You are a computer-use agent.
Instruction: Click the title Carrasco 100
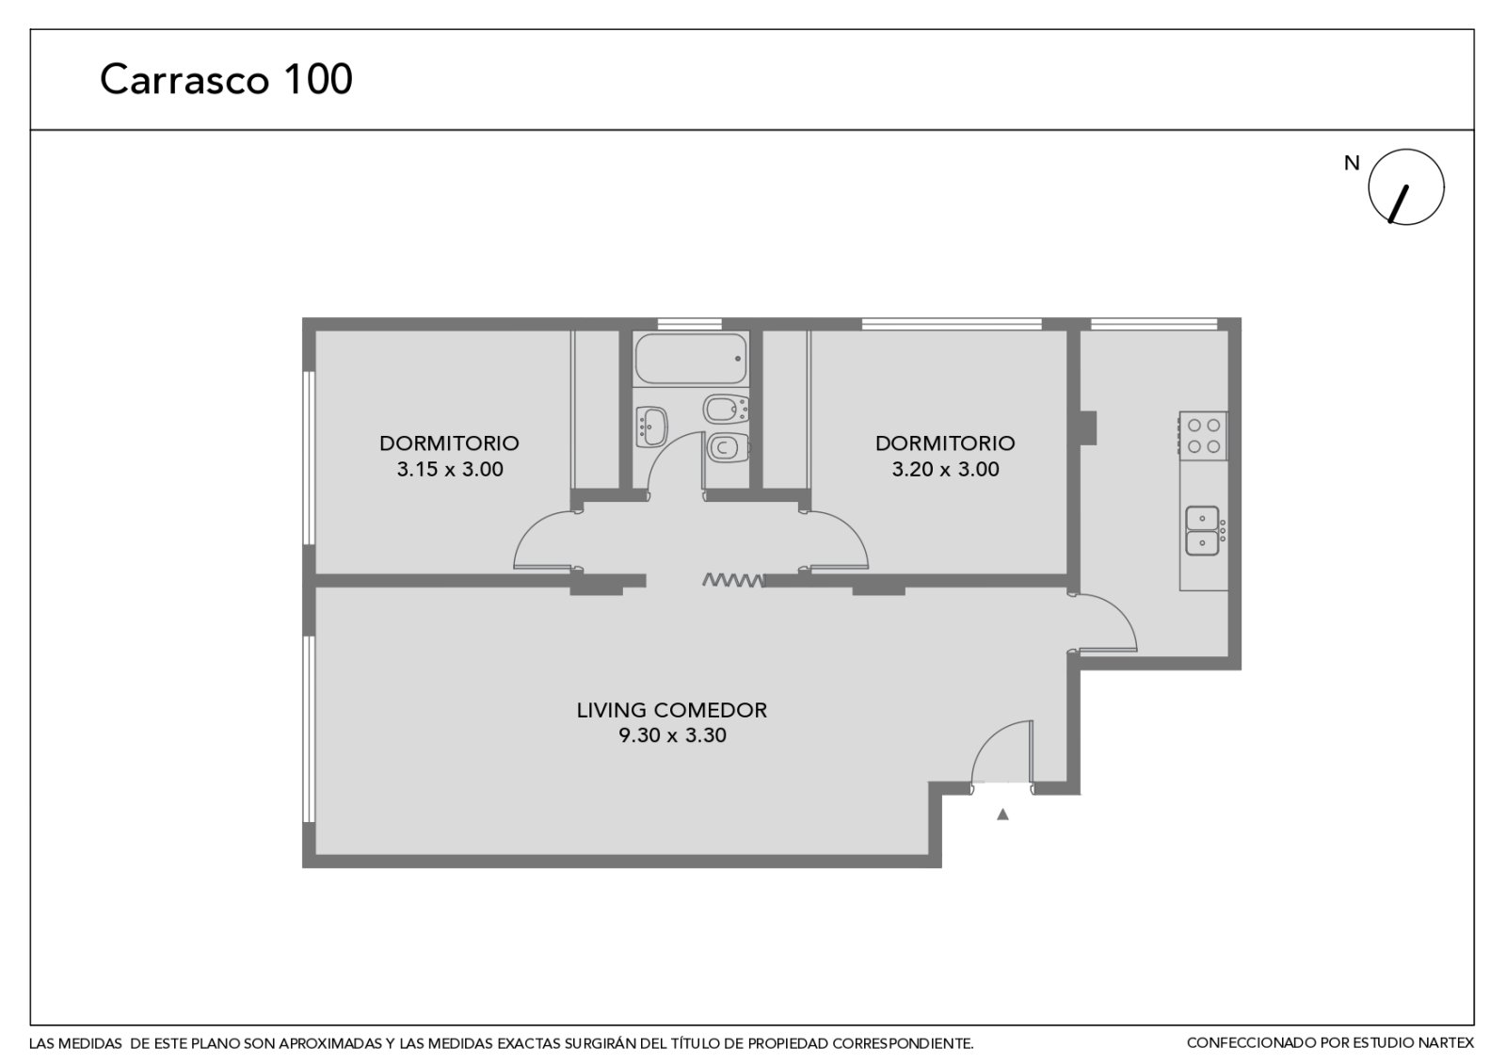(x=226, y=79)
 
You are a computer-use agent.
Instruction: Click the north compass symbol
(x=1406, y=187)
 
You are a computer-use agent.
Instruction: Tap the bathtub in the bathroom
(x=691, y=359)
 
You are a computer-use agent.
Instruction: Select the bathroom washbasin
(x=651, y=427)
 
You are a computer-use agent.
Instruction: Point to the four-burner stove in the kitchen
(x=1203, y=436)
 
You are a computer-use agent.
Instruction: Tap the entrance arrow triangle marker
(x=1002, y=814)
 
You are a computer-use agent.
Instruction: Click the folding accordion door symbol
(x=733, y=579)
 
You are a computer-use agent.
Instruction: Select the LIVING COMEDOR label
(x=672, y=710)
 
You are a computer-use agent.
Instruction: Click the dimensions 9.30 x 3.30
(x=672, y=735)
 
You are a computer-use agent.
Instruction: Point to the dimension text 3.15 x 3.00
(x=450, y=469)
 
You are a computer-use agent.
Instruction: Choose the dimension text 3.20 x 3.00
(x=945, y=469)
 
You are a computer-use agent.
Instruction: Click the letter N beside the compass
(x=1352, y=163)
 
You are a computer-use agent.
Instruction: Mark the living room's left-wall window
(x=310, y=729)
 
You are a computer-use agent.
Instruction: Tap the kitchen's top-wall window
(x=1154, y=324)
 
